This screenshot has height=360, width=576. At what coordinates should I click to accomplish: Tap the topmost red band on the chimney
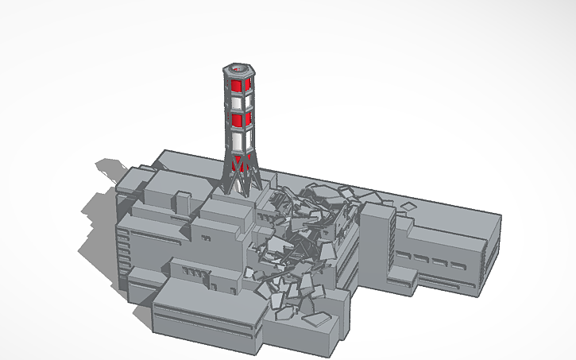pos(239,84)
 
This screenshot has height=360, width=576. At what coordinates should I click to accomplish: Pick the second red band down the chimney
pos(241,119)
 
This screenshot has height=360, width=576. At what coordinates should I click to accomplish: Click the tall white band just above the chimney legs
pos(242,141)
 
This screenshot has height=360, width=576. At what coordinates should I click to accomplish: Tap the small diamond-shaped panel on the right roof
pos(408,205)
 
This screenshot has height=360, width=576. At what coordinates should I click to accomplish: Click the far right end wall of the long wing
pos(493,254)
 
